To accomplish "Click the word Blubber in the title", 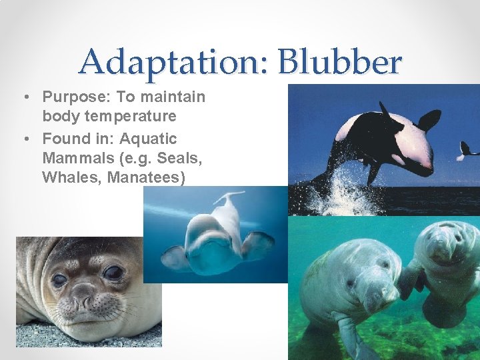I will pos(342,63).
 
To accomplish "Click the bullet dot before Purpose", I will pos(24,97).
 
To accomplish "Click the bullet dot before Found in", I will pos(24,139).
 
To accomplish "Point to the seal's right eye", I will pos(113,272).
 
